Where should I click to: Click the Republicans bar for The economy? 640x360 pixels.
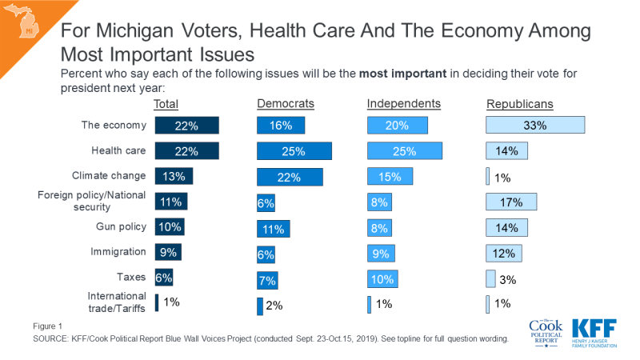536,125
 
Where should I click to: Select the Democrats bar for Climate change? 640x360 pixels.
290,176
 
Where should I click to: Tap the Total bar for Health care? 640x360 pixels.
186,150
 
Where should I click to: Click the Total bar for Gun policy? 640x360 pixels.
169,226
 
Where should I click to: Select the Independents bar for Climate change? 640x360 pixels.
390,176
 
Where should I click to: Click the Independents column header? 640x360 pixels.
404,104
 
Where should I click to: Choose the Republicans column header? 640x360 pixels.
520,104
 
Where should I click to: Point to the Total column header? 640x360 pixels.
166,104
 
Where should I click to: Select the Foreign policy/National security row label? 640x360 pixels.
93,201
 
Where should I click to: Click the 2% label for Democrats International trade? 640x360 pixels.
274,305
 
